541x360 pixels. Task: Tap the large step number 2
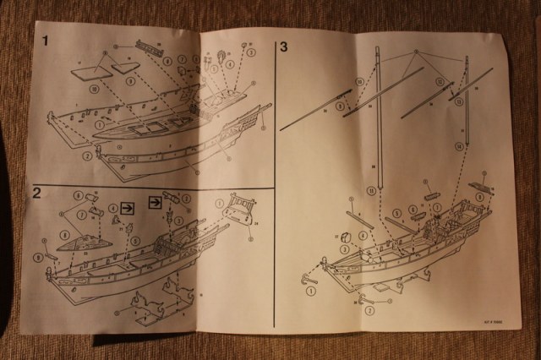tap(37, 193)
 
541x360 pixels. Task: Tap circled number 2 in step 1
tap(87, 156)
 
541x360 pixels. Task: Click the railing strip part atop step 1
tap(148, 44)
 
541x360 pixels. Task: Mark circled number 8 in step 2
tap(63, 232)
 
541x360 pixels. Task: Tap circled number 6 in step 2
tap(78, 196)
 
